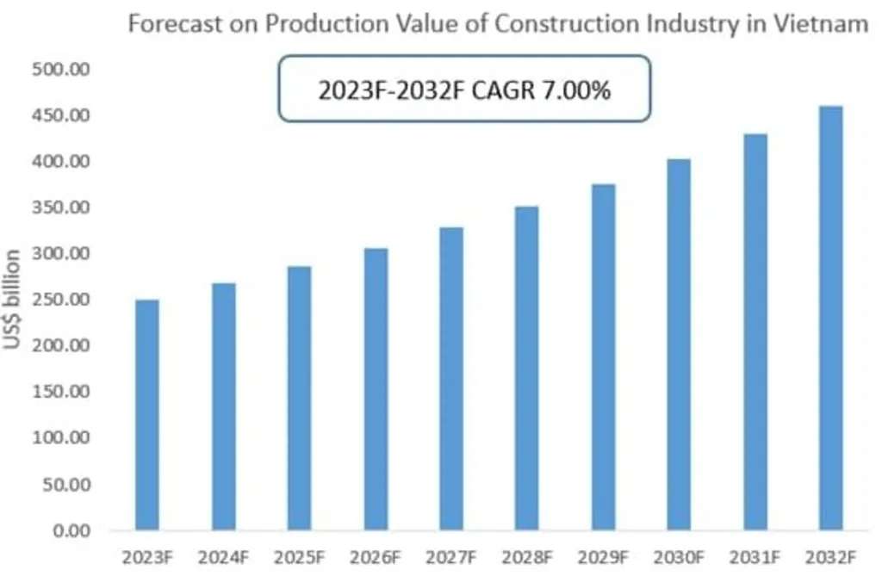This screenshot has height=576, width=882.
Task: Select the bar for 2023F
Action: pos(147,415)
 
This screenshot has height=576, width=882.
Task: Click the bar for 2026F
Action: pos(299,389)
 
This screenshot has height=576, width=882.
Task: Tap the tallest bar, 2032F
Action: pos(830,319)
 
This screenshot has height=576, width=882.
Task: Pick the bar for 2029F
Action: pos(603,357)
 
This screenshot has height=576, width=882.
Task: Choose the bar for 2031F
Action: pos(755,332)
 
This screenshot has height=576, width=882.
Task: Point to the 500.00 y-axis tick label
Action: pos(60,70)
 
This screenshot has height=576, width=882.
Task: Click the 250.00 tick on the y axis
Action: pos(60,300)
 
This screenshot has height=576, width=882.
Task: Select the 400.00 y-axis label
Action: pos(60,162)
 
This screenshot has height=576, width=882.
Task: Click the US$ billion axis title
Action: pos(13,300)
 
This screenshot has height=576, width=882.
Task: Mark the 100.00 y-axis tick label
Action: pos(60,438)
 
